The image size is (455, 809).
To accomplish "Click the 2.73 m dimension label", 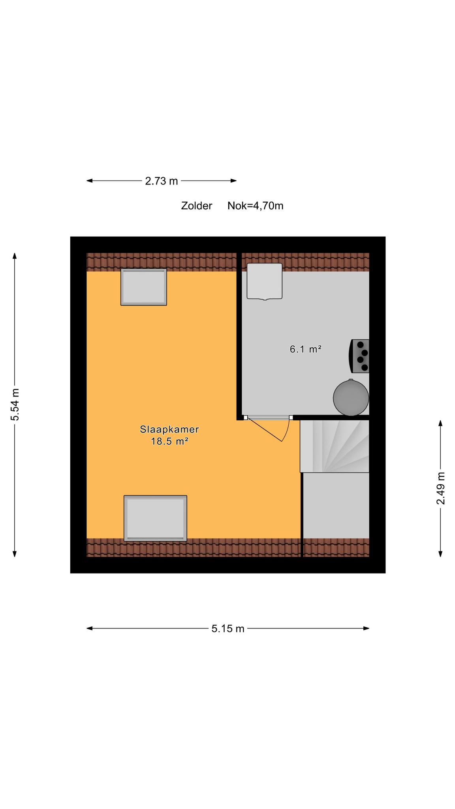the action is coord(162,181).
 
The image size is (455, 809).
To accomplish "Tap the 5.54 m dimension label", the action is coord(15,405).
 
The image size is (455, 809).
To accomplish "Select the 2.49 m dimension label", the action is coord(441,488).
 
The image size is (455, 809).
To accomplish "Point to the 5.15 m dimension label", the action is coord(228,628).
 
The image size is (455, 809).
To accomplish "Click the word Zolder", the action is coord(197,206).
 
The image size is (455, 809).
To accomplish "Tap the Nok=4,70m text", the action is coord(256,206).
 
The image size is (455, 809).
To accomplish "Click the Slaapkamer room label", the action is coord(169,429).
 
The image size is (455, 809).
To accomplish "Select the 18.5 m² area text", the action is coord(169,441).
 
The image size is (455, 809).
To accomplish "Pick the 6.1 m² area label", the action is coord(306,349).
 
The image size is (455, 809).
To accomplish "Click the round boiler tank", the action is coord(351,397).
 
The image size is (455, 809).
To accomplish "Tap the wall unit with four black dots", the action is coord(359,356).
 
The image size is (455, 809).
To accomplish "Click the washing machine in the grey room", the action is coord(265,281).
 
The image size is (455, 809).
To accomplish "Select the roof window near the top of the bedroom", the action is coord(144,287).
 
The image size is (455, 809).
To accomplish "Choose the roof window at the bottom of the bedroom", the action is coord(156,518).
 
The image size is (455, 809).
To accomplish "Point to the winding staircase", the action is coord(335,446).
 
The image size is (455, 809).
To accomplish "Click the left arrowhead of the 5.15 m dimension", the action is coord(90,628).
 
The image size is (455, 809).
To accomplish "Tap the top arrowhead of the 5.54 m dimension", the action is coord(15,256).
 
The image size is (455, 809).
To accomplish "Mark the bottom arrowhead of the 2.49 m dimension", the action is coord(441,554).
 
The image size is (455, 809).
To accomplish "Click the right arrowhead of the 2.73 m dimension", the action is coord(234,181).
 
